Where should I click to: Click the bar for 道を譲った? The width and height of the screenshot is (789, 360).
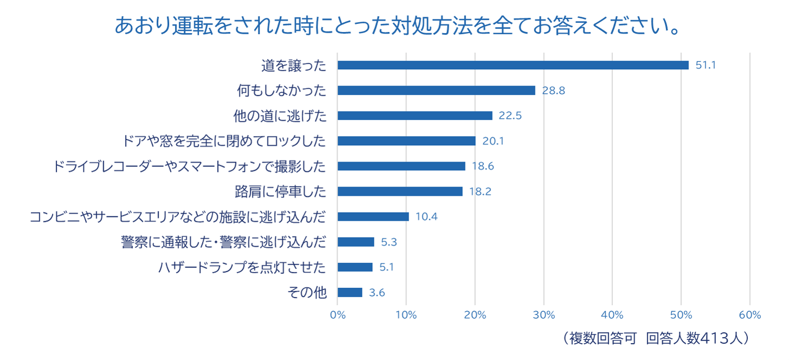(513, 65)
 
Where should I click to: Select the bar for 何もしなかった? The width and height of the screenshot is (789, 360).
(436, 91)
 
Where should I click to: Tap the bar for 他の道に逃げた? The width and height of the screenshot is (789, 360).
(415, 115)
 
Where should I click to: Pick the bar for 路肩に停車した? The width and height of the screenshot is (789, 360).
(400, 191)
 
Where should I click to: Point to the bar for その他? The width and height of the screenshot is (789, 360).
(350, 292)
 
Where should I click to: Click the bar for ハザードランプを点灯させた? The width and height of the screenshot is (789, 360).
(355, 267)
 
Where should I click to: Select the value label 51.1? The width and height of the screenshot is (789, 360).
(706, 65)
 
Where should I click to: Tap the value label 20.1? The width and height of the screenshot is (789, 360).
(493, 141)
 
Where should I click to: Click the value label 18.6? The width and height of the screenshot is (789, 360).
(482, 166)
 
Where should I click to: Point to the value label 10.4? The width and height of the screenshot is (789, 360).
(426, 217)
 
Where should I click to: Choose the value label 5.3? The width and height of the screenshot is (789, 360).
(389, 242)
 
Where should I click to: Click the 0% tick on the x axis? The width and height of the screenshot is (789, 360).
(338, 315)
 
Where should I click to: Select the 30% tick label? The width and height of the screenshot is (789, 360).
(544, 315)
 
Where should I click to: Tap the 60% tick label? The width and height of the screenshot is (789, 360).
(749, 315)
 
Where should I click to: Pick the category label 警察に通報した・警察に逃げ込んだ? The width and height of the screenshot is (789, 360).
(224, 242)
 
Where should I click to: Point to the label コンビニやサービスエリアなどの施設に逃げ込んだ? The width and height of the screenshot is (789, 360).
(178, 217)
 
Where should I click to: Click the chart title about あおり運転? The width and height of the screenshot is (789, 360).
(398, 26)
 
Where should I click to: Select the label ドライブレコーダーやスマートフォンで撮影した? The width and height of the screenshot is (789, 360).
(190, 166)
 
